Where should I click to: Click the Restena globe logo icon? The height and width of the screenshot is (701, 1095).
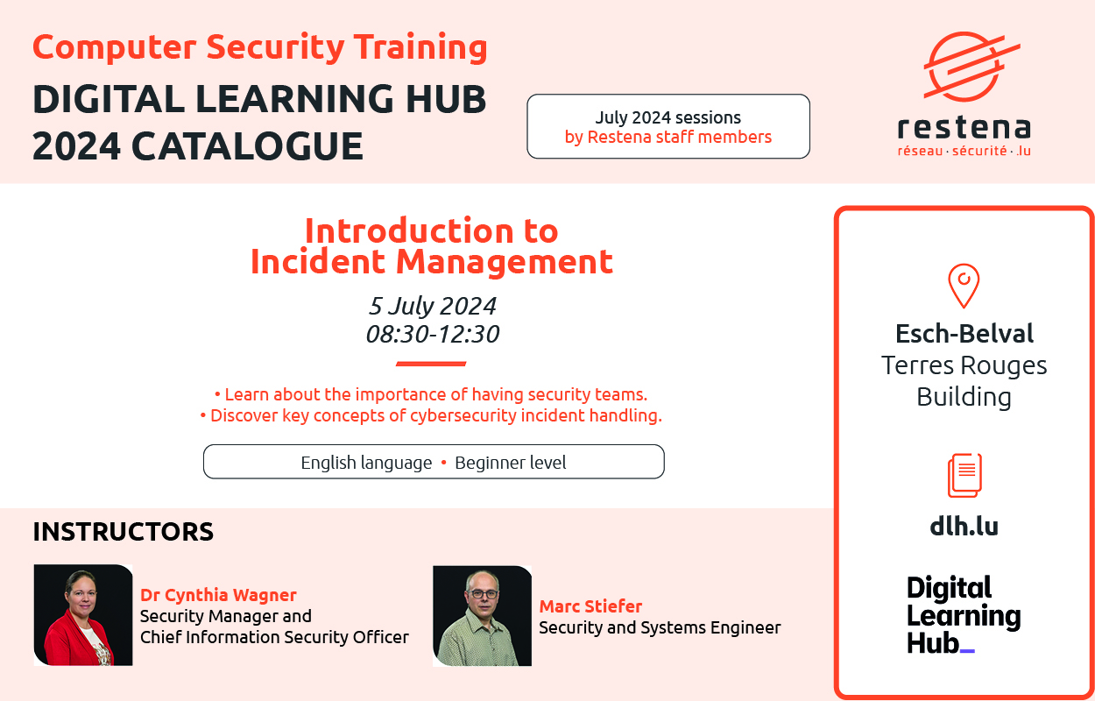(x=971, y=67)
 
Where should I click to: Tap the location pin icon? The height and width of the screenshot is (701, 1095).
(x=964, y=286)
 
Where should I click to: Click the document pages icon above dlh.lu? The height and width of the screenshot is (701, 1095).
(x=964, y=475)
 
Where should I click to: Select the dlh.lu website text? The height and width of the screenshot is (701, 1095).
(x=964, y=526)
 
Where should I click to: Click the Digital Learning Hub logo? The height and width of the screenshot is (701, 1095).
(x=964, y=615)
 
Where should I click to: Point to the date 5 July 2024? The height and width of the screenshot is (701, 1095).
(x=433, y=306)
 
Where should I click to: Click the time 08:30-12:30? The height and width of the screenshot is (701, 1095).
(x=433, y=335)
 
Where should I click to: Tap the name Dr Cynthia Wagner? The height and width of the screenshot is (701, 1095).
(x=218, y=595)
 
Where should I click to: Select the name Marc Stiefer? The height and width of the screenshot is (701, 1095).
(x=590, y=606)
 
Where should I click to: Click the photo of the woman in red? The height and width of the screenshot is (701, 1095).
(x=83, y=615)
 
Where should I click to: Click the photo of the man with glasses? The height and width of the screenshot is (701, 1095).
(x=482, y=616)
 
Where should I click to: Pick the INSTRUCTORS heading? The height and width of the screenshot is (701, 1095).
(x=124, y=531)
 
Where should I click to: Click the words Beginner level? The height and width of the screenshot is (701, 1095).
(x=511, y=463)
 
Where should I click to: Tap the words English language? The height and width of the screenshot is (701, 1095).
(x=366, y=463)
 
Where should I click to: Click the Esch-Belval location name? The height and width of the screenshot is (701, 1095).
(x=964, y=334)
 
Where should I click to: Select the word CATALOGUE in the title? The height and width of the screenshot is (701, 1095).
(x=247, y=145)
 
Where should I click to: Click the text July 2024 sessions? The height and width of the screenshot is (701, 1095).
(x=668, y=117)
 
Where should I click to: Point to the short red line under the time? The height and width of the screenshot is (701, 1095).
(x=431, y=364)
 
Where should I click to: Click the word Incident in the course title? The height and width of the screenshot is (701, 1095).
(x=317, y=261)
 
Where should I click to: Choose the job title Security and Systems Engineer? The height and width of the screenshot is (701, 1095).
(x=660, y=627)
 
